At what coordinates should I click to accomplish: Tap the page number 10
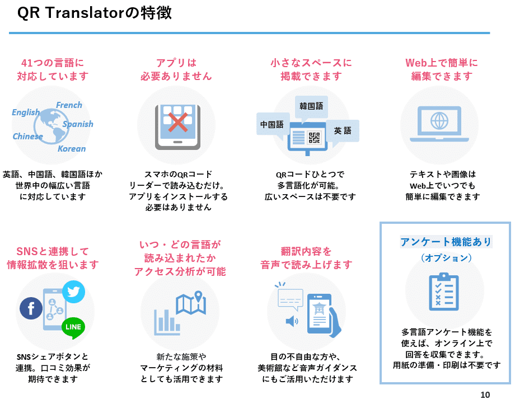click(x=485, y=394)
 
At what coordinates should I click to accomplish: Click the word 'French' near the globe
click(x=69, y=105)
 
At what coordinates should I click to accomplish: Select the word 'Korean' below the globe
click(x=72, y=148)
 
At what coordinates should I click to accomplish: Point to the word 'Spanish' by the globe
click(x=78, y=124)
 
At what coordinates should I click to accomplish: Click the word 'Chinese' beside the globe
click(x=27, y=136)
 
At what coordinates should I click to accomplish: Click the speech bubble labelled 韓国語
click(x=311, y=105)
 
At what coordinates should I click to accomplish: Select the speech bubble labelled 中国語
click(x=271, y=124)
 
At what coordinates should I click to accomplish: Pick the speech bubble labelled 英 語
click(x=343, y=130)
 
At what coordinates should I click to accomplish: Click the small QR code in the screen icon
click(x=314, y=137)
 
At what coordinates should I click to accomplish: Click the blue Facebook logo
click(x=31, y=308)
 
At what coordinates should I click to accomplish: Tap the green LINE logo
click(x=73, y=327)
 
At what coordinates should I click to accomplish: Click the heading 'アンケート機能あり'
click(x=446, y=242)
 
